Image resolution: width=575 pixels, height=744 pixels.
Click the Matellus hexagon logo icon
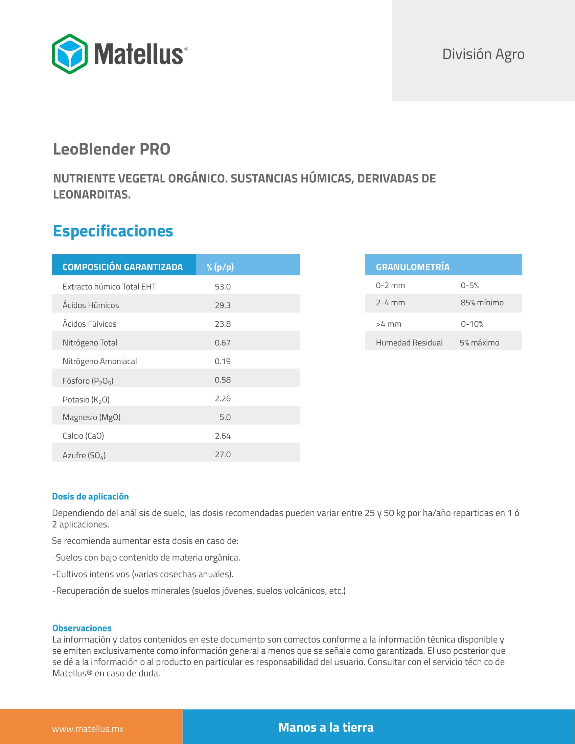[70, 54]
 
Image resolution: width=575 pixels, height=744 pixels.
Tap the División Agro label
[483, 54]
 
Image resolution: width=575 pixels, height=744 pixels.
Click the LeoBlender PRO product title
[111, 149]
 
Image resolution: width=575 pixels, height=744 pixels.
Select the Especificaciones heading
[113, 231]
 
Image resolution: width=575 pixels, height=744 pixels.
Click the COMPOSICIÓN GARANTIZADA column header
[123, 267]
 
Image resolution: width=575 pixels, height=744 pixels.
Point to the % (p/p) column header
[220, 267]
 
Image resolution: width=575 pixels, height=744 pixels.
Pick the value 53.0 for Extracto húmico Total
[223, 286]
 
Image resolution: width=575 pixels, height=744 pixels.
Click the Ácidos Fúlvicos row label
[89, 324]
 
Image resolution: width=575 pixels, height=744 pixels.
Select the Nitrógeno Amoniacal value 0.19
[223, 361]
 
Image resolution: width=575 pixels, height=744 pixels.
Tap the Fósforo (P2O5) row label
[88, 380]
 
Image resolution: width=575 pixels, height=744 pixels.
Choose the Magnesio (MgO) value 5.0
[225, 417]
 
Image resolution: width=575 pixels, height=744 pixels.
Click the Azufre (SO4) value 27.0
[223, 455]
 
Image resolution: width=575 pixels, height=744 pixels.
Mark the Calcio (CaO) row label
[83, 436]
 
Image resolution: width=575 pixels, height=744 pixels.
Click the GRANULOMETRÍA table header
[413, 267]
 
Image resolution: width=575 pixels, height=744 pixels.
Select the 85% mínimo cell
[482, 303]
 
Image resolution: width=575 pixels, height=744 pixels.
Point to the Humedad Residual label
[409, 342]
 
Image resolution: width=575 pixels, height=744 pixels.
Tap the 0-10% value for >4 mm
[472, 324]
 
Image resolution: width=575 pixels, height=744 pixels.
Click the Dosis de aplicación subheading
[90, 496]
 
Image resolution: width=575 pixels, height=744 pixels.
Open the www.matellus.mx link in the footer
[88, 729]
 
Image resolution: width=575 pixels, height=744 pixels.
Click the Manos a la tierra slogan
[326, 727]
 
